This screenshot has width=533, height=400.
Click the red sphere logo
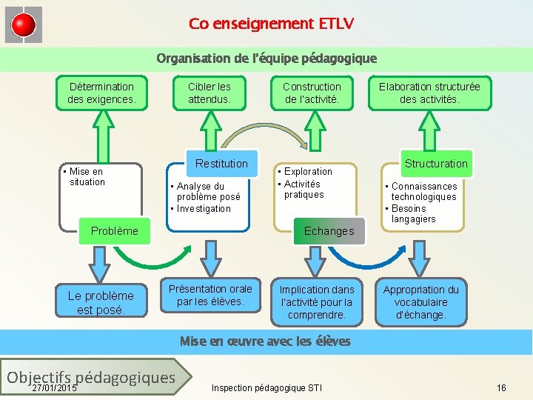24,25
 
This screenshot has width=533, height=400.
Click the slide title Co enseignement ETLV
271,24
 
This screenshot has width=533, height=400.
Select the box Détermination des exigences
101,93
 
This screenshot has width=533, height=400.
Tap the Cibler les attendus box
209,93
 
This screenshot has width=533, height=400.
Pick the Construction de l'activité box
312,93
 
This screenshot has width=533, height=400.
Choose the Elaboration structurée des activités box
429,93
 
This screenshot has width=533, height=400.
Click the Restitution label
221,163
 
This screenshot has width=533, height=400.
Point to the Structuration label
436,163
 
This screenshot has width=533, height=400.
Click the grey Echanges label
329,231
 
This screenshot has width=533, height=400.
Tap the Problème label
114,231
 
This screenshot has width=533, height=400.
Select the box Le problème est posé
101,302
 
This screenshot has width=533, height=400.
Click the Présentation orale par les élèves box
210,295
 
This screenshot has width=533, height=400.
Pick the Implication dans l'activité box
317,302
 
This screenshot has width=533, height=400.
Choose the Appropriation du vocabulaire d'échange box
420,302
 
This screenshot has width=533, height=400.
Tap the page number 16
501,387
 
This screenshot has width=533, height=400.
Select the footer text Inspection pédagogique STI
266,387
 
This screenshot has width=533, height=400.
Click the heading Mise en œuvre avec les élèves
265,341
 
